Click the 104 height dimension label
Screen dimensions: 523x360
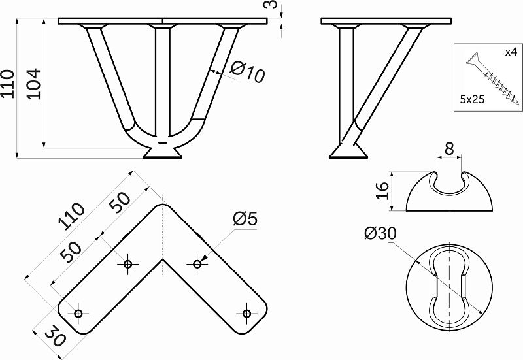(x=34, y=84)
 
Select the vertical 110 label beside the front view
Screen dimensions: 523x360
(x=7, y=84)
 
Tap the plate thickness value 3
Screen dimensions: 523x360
(x=273, y=5)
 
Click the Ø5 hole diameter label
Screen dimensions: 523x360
(x=245, y=219)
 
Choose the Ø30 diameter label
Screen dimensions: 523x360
(x=380, y=233)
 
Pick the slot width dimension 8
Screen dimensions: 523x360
(x=449, y=149)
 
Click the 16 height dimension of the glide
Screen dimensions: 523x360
(x=382, y=191)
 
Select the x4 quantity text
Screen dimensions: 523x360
(x=511, y=52)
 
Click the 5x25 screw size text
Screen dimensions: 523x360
(x=472, y=99)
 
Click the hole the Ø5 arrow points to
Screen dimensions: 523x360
(x=197, y=265)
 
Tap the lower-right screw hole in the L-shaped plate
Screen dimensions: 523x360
(x=246, y=314)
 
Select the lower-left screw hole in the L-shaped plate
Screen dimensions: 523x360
(x=78, y=314)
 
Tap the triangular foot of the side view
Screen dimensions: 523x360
(x=348, y=151)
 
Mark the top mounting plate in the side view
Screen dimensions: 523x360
(x=386, y=22)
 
